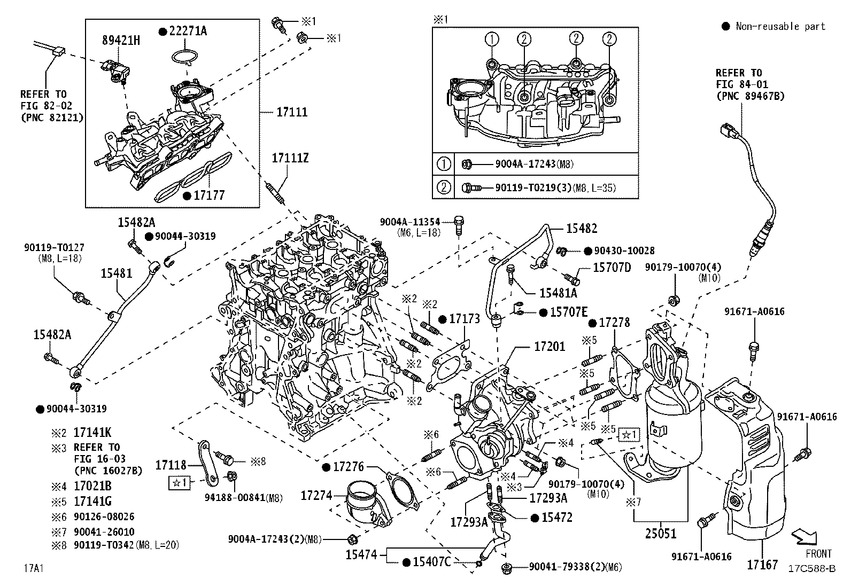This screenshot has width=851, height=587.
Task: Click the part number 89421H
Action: coord(121,40)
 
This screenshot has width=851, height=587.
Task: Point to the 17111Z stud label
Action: coord(290,158)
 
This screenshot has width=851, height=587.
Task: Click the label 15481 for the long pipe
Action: coord(117,273)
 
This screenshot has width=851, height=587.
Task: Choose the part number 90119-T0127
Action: coord(54,247)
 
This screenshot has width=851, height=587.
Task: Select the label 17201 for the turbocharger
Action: coord(549,347)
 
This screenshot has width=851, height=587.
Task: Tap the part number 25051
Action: coord(660,533)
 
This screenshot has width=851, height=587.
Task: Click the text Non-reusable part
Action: coord(780,26)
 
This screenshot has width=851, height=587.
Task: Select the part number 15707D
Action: coord(612,267)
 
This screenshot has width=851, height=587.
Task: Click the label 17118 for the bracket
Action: coord(171,465)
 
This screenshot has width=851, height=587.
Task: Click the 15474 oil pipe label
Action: coord(361,555)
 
